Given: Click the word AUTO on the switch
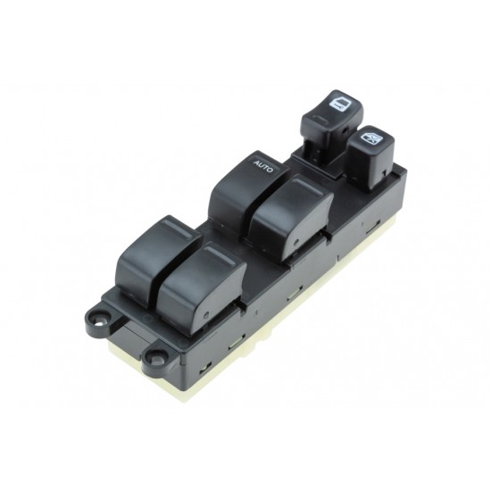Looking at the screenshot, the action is pos(263,166).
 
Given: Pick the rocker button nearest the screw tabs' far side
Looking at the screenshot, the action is pos(158,260).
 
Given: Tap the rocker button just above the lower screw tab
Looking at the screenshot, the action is pos(201,289).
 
